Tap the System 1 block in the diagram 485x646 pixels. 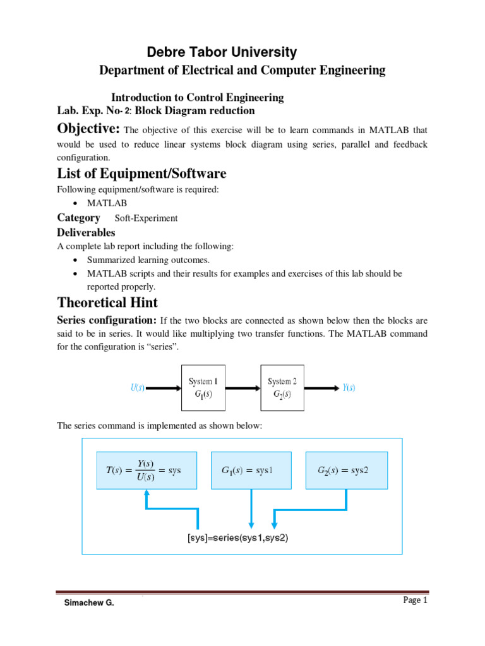203,388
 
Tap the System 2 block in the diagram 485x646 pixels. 282,388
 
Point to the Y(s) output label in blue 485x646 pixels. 349,389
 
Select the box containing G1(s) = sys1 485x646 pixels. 251,470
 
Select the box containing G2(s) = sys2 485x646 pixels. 346,470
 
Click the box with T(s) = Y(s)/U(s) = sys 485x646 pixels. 143,470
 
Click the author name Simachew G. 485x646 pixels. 89,603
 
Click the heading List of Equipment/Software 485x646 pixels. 141,173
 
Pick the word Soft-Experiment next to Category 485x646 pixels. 146,218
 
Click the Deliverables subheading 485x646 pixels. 86,233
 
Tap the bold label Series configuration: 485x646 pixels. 107,320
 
